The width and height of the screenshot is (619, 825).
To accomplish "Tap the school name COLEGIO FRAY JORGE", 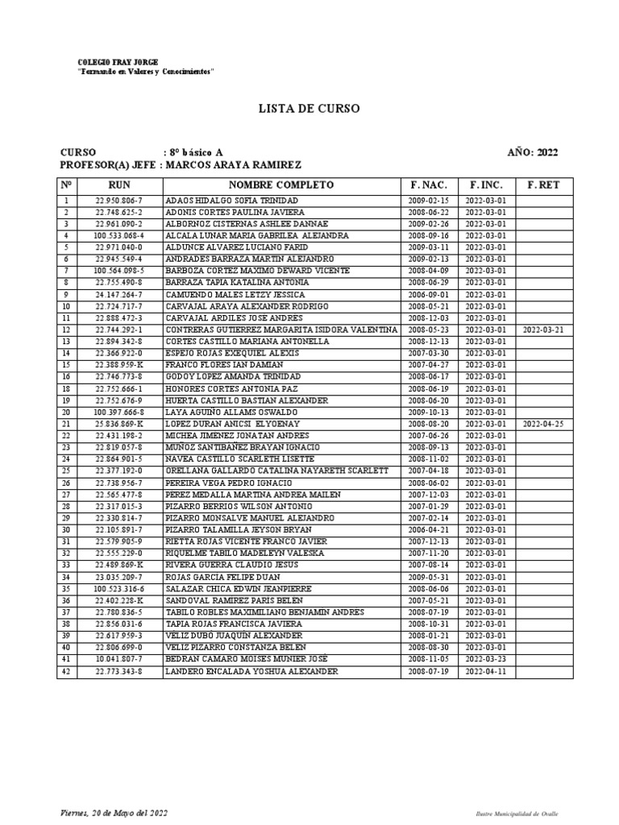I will click(x=118, y=62).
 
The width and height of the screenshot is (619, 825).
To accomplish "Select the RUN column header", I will click(x=119, y=185).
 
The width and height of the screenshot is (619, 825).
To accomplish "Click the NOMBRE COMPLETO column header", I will click(x=281, y=185).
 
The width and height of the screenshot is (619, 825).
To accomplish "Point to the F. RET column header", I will click(x=543, y=185).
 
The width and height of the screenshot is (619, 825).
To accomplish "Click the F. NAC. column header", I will click(x=429, y=185).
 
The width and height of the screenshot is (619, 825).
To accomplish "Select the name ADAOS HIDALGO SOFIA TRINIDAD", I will click(x=225, y=200).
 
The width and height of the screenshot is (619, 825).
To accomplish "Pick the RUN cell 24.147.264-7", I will click(x=119, y=295).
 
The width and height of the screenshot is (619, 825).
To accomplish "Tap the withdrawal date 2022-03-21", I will click(x=543, y=330).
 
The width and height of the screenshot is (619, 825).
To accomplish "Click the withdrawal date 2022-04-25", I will click(x=543, y=424).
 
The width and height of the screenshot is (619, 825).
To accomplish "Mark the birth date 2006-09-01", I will click(x=429, y=295).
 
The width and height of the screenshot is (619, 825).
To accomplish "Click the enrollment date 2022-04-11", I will click(x=486, y=671).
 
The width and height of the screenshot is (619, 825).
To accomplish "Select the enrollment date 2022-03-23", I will click(x=486, y=659).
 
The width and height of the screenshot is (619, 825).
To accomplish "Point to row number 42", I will click(x=67, y=671).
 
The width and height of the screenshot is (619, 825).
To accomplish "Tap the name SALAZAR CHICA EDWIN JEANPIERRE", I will click(x=228, y=589).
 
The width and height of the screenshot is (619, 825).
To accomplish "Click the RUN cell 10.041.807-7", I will click(x=119, y=659).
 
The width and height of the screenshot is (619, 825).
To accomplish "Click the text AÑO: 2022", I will click(x=532, y=152).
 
